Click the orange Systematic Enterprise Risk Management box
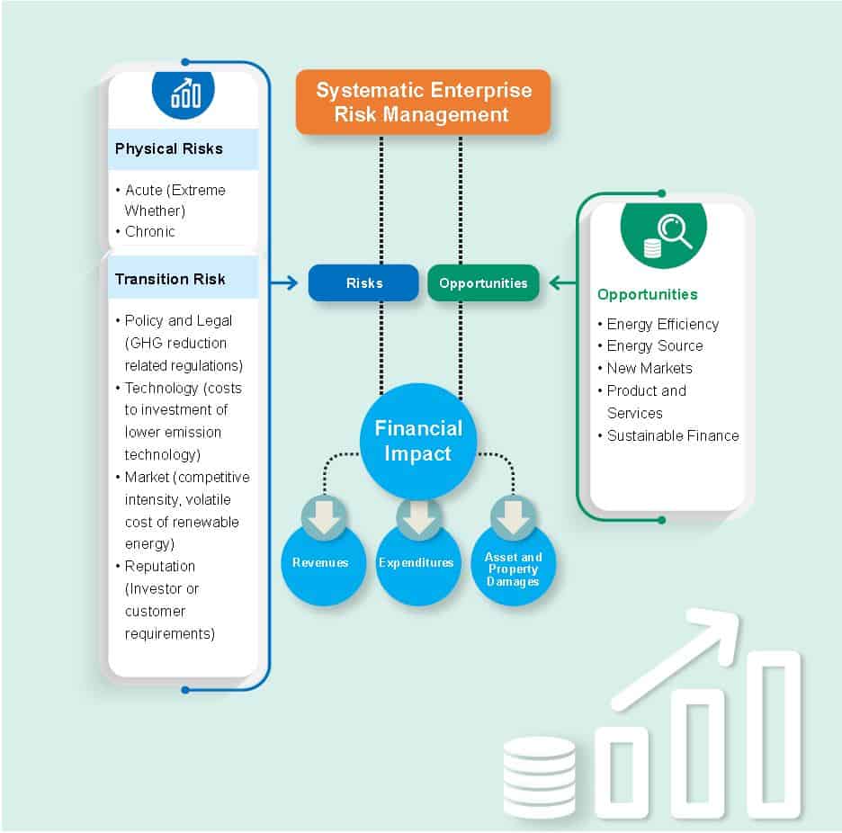coord(423,103)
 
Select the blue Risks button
coord(363,282)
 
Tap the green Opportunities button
coord(483,282)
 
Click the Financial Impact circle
coord(418,441)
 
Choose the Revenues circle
coord(320,564)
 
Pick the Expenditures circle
coord(417,564)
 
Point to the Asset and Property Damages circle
coord(513,569)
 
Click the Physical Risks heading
coord(169,148)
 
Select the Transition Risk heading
coord(170,279)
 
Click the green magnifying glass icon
coord(664,231)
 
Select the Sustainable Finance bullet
coord(672,435)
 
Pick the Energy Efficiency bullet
coord(662,324)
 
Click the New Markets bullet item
coord(649,368)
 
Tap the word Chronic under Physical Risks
coord(149,231)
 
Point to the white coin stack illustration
coord(539,777)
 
